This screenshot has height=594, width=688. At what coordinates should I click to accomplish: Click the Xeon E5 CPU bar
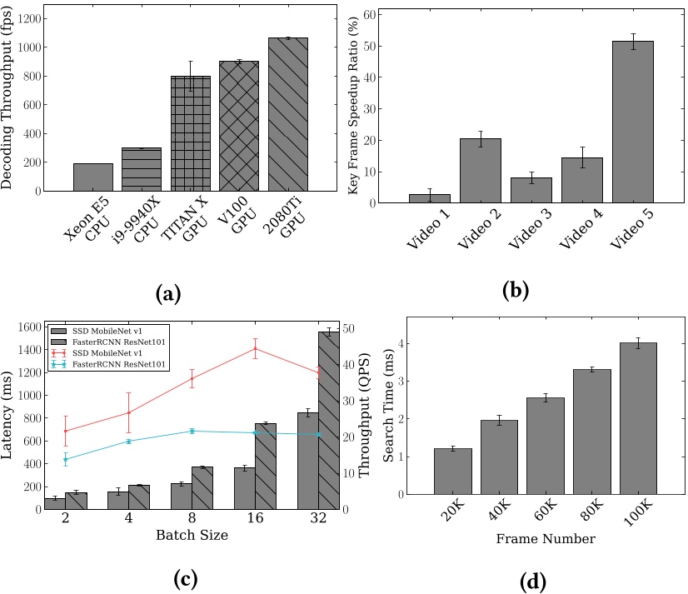[x=93, y=177]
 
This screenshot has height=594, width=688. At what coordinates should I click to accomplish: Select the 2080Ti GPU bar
[x=287, y=115]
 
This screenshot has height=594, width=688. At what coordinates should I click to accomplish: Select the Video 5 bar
[x=632, y=122]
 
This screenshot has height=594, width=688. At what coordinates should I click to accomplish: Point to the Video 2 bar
[x=481, y=170]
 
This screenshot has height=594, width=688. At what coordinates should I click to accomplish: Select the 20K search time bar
[x=452, y=471]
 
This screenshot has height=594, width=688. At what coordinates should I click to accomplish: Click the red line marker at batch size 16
[x=255, y=349]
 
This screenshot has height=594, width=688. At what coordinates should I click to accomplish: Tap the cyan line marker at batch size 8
[x=192, y=431]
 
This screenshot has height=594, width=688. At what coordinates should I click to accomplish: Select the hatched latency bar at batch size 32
[x=328, y=420]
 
